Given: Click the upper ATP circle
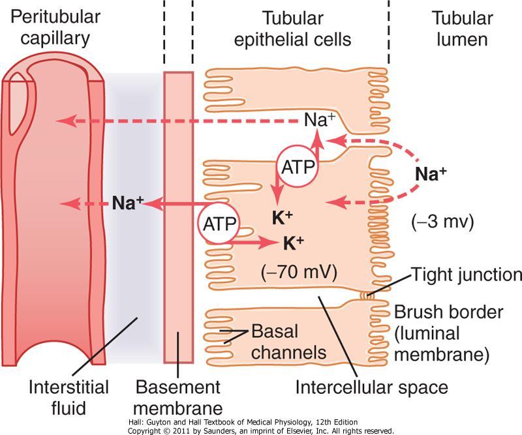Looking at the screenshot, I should point(298,166).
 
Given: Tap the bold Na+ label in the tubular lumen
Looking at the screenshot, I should point(431,174).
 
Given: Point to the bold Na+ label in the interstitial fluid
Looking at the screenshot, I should point(127,203).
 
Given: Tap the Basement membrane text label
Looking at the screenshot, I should point(177,397).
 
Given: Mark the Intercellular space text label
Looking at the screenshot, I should point(372,387).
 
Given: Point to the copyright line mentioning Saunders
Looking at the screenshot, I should point(261,430).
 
